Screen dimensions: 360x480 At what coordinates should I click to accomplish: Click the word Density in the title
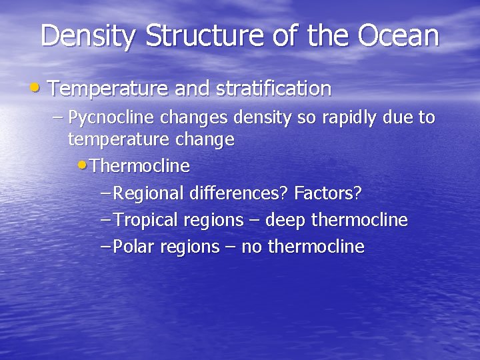click(89, 37)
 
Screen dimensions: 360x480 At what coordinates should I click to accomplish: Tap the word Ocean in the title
click(399, 37)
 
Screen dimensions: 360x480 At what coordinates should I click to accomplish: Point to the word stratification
click(274, 89)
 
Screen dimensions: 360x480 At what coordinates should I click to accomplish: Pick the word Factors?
click(328, 194)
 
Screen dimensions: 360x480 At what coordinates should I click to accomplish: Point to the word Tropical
click(146, 221)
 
